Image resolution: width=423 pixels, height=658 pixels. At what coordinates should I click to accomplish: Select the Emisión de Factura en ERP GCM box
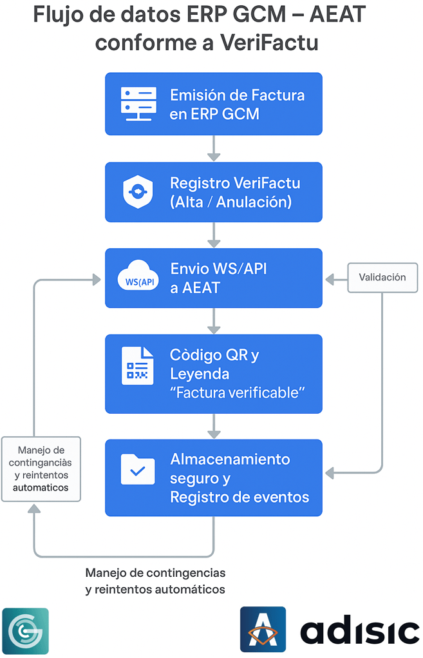[213, 104]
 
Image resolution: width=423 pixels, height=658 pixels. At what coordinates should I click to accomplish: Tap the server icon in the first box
[138, 104]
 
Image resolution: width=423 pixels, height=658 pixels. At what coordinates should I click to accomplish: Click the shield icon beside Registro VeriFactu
[137, 191]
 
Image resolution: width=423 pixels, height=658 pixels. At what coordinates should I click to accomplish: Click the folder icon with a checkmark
[137, 469]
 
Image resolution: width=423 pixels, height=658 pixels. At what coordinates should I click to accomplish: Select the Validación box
[382, 278]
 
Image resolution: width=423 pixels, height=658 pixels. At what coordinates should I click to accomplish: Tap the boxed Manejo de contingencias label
[41, 469]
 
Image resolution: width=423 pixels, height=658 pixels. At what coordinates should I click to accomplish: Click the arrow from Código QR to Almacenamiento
[214, 426]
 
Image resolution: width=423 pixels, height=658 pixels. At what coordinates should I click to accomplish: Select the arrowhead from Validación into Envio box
[330, 279]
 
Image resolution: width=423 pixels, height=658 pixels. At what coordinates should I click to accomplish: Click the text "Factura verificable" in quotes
[236, 392]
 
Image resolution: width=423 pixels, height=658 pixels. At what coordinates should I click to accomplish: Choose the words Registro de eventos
[240, 498]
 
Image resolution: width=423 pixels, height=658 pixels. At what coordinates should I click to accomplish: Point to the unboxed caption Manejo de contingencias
[155, 572]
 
